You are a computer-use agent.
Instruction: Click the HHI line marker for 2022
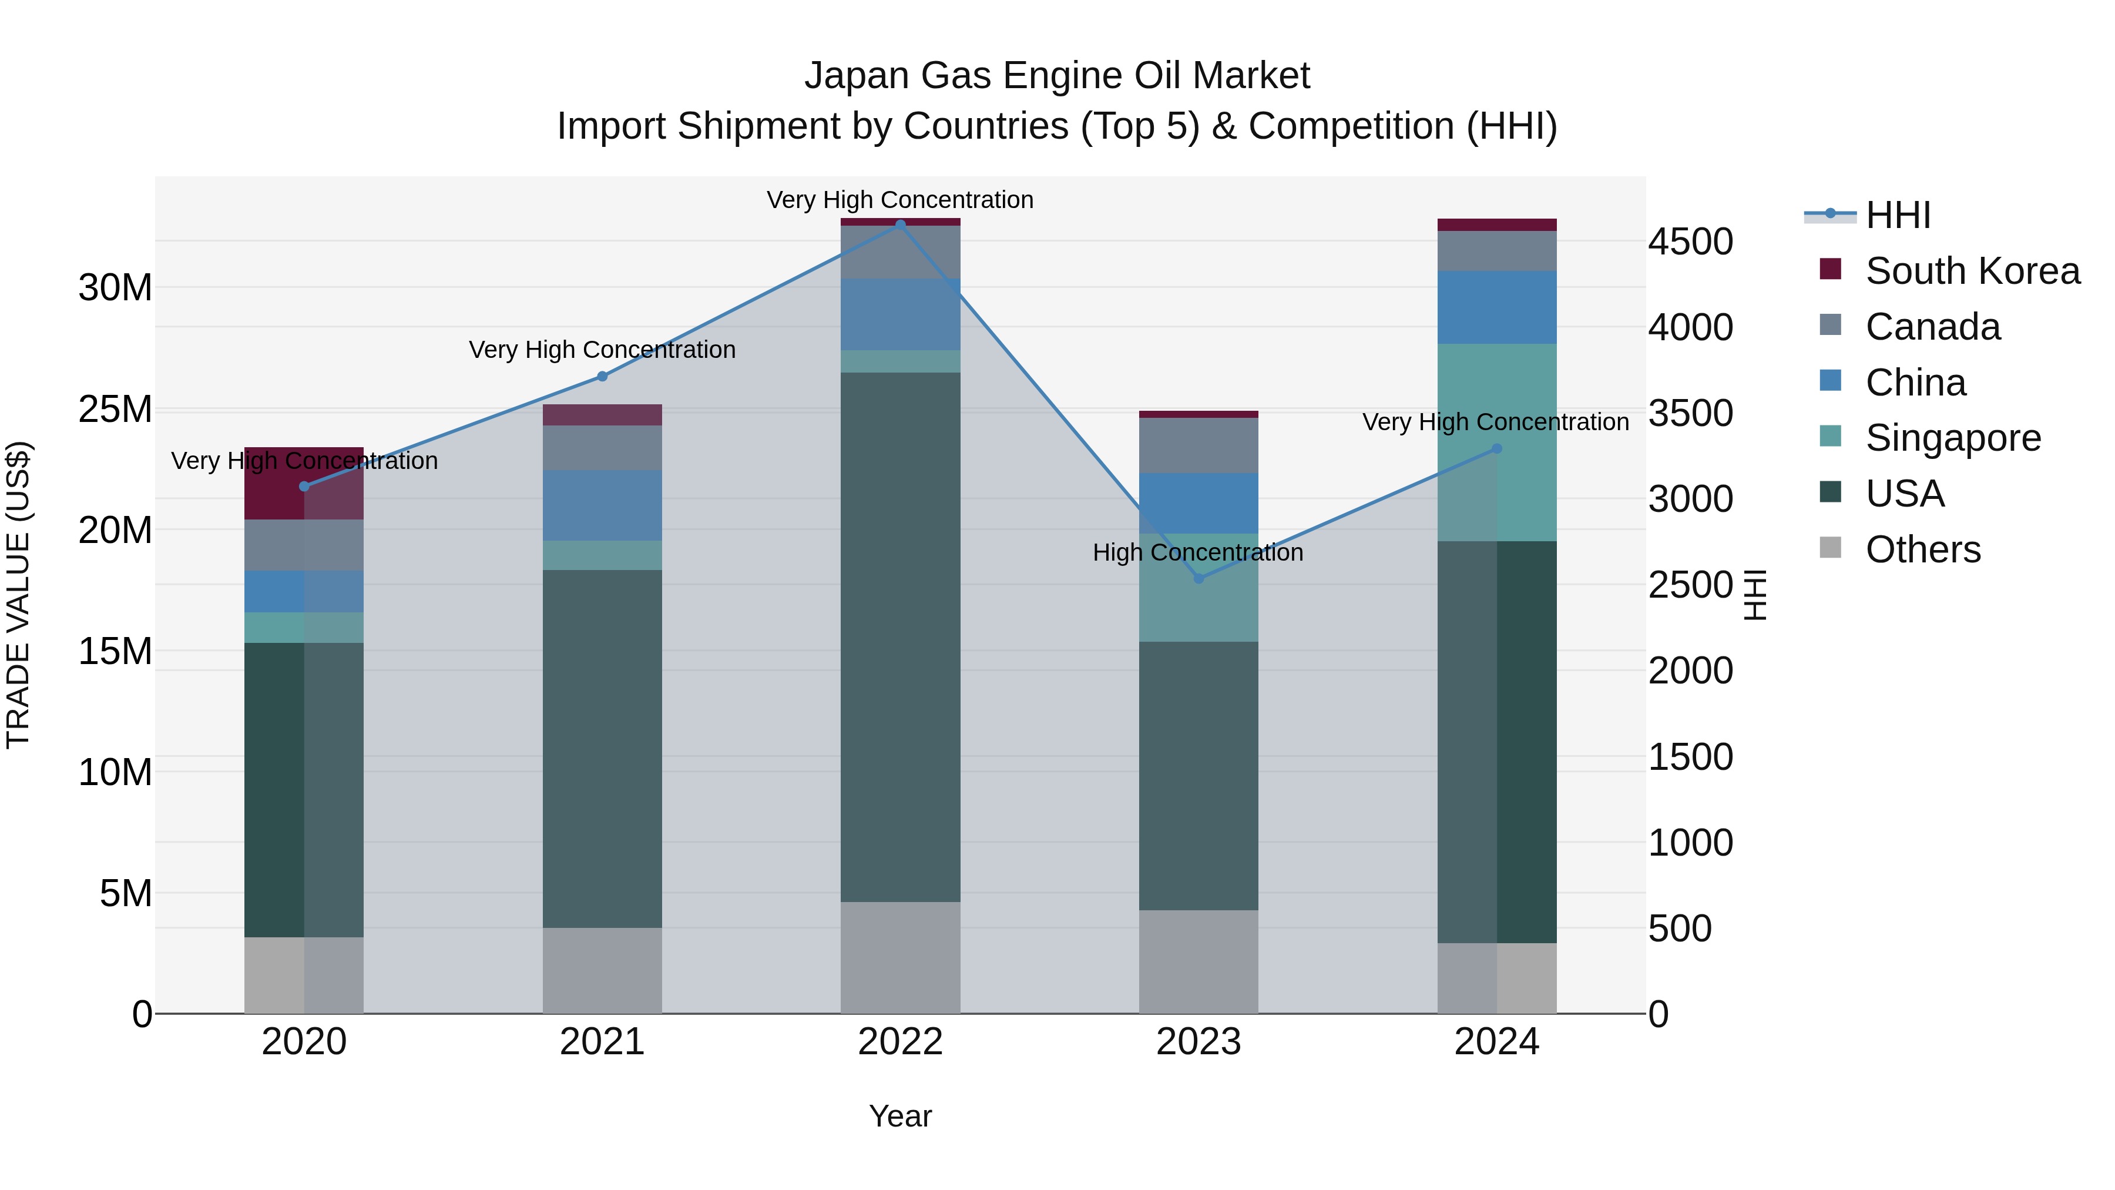pos(900,224)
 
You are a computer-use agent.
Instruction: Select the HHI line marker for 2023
pos(1198,579)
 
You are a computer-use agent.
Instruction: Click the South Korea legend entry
pos(1972,271)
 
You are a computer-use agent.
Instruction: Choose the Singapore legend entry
pos(1952,438)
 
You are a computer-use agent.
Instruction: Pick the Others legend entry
pos(1923,549)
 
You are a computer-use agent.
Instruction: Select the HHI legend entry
pos(1898,215)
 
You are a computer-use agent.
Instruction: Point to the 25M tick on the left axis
pos(115,409)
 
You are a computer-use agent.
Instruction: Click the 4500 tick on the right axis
pos(1690,242)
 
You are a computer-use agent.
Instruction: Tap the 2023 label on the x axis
pos(1198,1042)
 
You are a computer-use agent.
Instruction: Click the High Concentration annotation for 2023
pos(1197,553)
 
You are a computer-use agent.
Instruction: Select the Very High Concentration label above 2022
pos(900,200)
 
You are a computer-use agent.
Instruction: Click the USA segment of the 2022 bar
pos(900,636)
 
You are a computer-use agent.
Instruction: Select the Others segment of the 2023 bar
pos(1198,961)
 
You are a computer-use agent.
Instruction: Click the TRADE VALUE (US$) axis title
pos(19,595)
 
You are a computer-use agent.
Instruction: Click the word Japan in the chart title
pos(857,76)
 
